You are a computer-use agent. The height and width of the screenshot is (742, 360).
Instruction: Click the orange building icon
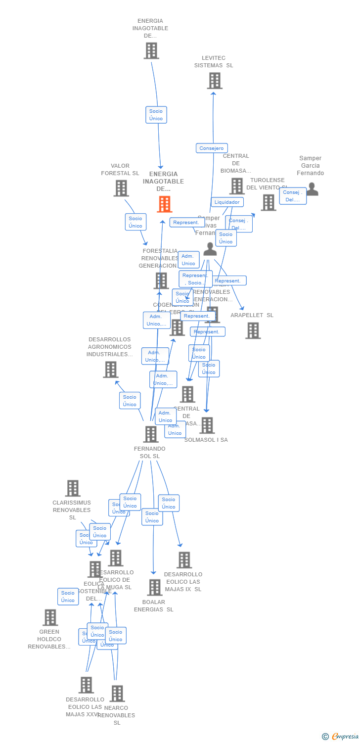click(165, 204)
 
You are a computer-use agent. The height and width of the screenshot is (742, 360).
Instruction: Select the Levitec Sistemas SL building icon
click(215, 81)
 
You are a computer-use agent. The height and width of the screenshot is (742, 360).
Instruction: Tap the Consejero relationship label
click(212, 148)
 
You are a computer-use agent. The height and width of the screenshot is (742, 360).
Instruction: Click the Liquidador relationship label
click(227, 202)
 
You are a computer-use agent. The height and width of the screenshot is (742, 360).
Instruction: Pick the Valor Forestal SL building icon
click(121, 188)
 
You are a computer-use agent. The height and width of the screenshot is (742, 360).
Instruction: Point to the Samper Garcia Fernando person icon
click(313, 189)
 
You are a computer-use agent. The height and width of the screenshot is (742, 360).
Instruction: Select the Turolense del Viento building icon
click(268, 202)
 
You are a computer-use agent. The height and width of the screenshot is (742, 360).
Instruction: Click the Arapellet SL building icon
click(253, 330)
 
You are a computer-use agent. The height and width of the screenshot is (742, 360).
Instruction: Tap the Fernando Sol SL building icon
click(150, 434)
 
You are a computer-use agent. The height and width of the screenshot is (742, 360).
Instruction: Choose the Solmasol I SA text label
click(206, 440)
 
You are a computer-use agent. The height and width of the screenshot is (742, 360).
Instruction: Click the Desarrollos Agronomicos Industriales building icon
click(110, 370)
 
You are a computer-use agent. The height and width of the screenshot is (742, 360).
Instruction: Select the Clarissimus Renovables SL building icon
click(73, 488)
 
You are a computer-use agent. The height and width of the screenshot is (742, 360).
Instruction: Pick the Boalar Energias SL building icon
click(155, 588)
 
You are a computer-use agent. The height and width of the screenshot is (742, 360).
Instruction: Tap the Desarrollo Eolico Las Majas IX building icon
click(184, 560)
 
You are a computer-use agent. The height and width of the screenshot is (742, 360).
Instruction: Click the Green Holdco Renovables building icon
click(50, 617)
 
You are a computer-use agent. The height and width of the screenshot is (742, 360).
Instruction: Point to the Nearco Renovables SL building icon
click(117, 694)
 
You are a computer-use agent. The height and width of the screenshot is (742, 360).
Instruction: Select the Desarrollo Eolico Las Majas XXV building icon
click(86, 685)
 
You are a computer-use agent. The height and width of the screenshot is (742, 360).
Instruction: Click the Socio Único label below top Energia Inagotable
click(156, 115)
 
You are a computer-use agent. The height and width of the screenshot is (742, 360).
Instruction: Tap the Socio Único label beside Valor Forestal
click(135, 222)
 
